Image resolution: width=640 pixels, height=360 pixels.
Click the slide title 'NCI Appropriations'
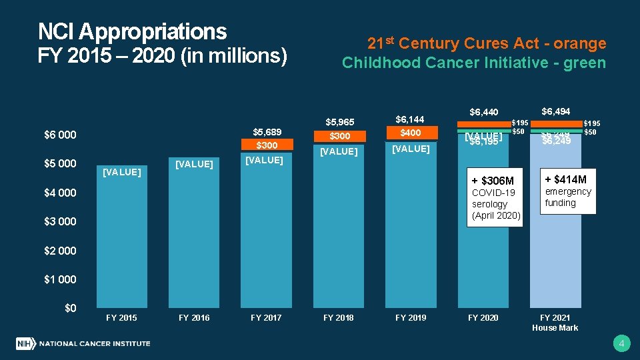point(132,31)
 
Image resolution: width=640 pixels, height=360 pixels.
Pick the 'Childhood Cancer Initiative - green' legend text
point(474,63)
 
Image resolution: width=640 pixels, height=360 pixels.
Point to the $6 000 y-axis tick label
point(60,135)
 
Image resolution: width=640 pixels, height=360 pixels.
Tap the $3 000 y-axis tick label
point(60,221)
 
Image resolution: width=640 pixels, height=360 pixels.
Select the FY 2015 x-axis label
point(121,318)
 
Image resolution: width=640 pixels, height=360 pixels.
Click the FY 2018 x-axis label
point(338,318)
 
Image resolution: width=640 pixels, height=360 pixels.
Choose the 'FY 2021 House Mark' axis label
point(555,323)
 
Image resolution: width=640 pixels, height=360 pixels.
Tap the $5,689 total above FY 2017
point(266,131)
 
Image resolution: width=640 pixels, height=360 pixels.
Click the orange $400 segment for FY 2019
point(411,133)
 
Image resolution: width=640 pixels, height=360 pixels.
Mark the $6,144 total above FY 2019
point(410,119)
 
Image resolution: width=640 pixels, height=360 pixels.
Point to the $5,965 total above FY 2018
point(339,122)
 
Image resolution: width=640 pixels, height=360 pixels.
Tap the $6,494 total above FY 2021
point(555,111)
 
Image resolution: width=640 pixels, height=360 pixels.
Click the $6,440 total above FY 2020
point(483,112)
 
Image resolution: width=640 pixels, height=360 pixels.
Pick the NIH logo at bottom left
point(25,344)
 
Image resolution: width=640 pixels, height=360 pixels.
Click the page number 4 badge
point(621,344)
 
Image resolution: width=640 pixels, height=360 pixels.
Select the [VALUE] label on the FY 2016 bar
point(193,164)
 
